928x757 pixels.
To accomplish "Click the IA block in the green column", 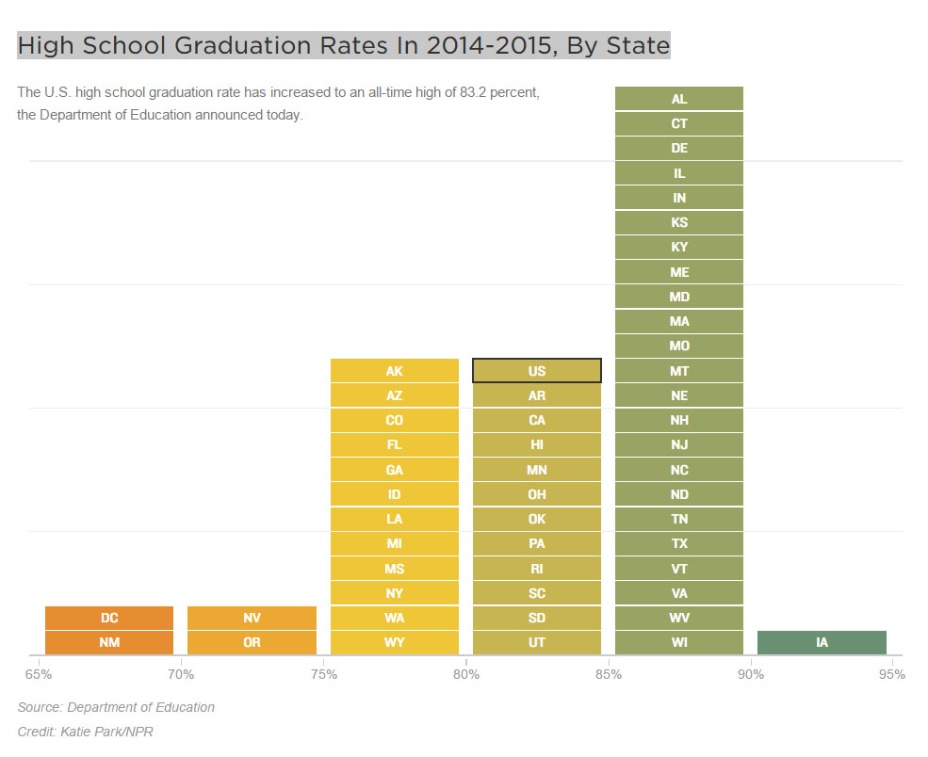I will tap(822, 642).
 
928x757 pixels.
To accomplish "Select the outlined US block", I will tap(536, 371).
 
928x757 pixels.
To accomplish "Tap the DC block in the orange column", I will tap(109, 618).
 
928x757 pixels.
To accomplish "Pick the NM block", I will tap(109, 642).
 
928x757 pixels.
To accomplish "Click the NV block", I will tap(252, 618).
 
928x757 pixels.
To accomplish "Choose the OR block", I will tap(252, 642).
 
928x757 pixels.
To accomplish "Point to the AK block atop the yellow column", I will tap(394, 371).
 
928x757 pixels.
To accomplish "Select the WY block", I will tap(394, 642).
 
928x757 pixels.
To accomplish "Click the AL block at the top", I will tap(678, 99).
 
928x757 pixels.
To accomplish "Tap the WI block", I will tap(678, 642).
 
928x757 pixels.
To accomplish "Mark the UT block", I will tap(536, 642).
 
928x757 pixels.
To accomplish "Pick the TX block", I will tap(678, 543).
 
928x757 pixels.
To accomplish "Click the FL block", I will tap(394, 444).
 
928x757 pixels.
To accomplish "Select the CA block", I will tap(536, 420).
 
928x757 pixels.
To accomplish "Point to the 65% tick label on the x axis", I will tap(39, 674).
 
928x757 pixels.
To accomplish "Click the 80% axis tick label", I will tap(465, 674).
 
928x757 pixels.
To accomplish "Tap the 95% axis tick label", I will tap(891, 674).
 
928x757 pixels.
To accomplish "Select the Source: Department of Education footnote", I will tap(116, 707).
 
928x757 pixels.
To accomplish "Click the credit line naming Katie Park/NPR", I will tap(85, 732).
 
